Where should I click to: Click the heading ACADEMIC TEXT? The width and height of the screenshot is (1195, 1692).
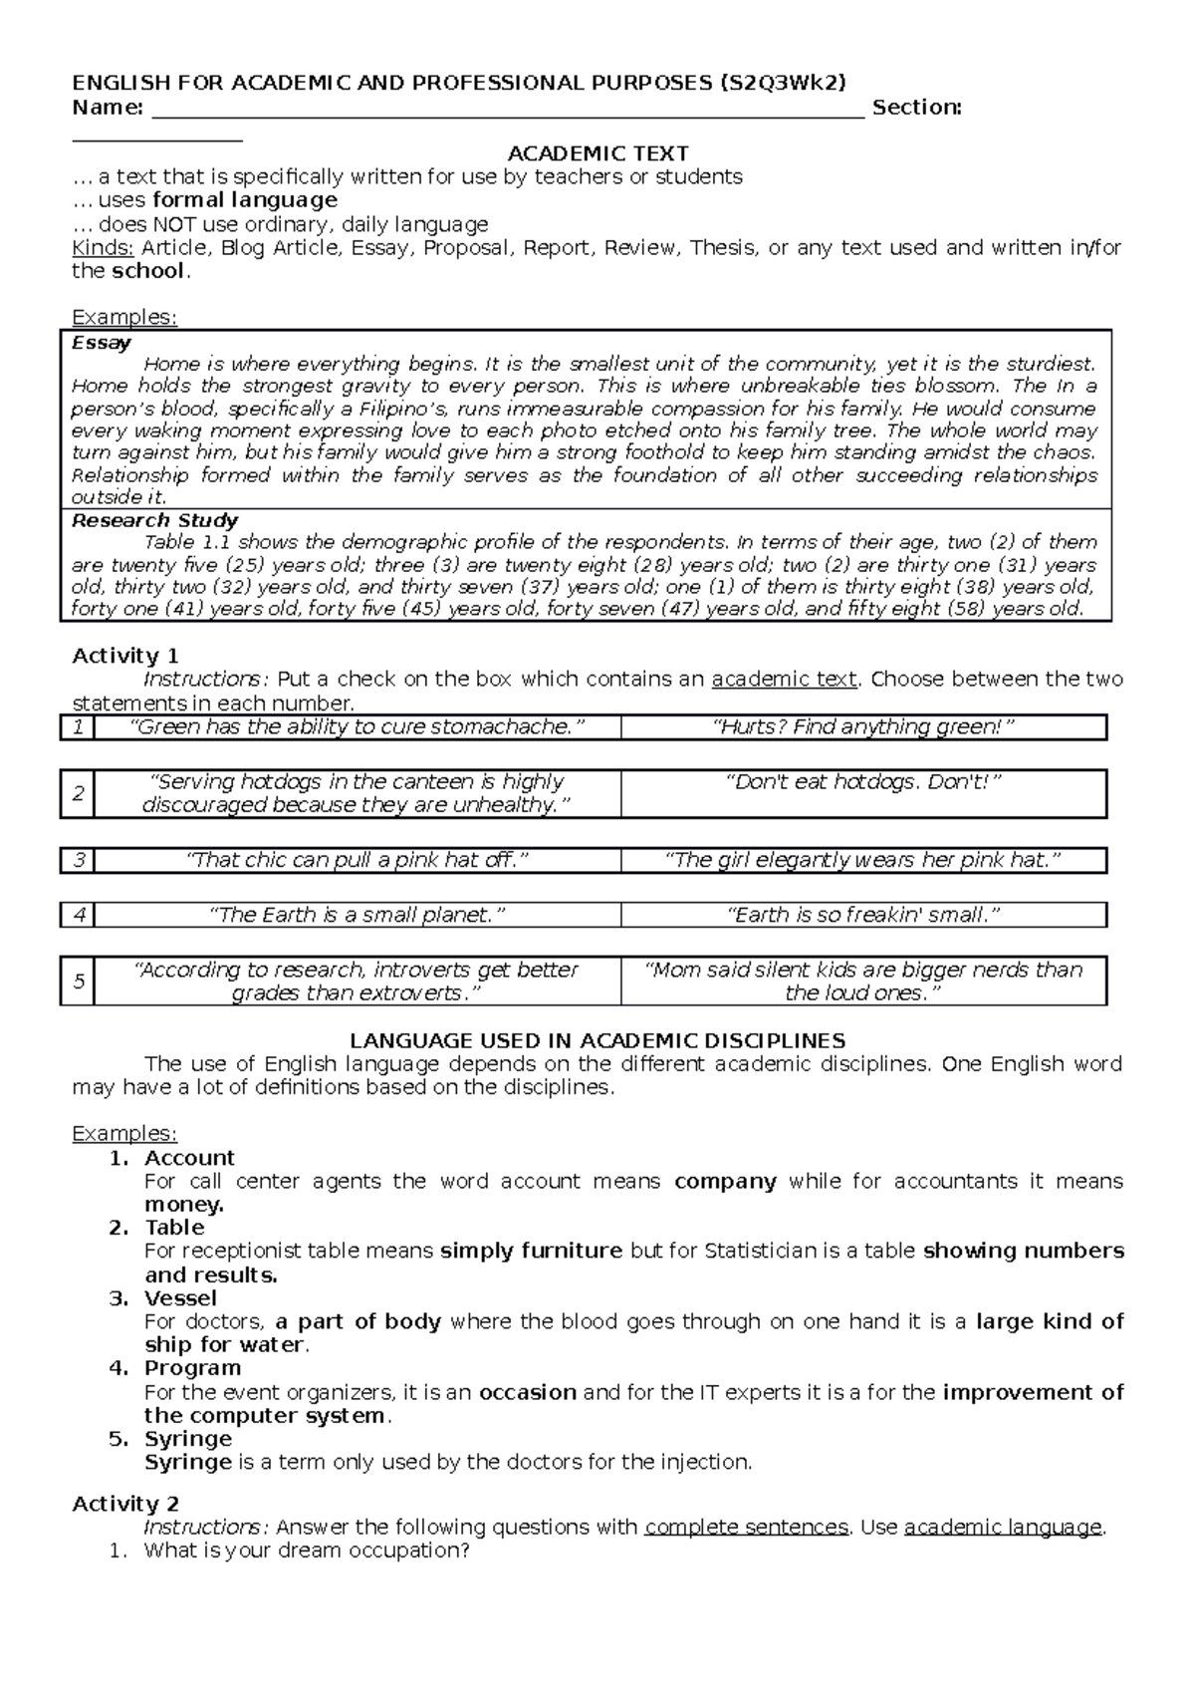click(597, 153)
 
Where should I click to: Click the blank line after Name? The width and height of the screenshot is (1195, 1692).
click(508, 109)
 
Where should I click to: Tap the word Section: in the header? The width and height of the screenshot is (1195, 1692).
click(916, 108)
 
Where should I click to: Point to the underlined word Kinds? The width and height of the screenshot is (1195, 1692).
click(103, 247)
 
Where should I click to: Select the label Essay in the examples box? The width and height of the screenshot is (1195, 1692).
click(102, 343)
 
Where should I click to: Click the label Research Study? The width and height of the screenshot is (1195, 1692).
click(154, 520)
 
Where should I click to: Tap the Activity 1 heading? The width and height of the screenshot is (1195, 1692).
click(125, 656)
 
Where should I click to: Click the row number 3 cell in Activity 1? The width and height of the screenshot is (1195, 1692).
click(79, 860)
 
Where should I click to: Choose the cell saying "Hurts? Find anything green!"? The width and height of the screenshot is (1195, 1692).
click(863, 727)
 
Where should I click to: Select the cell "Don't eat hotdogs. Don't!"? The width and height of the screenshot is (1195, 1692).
click(863, 782)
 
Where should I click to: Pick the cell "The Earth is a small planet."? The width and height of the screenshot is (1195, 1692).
click(357, 915)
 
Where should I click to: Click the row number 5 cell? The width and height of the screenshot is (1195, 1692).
click(79, 982)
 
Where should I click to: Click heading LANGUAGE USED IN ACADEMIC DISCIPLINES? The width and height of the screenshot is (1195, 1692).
click(597, 1041)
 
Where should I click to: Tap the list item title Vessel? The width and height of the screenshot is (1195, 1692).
click(180, 1298)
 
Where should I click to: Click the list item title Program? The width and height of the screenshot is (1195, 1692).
click(192, 1368)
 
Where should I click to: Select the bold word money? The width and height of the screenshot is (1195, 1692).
click(184, 1205)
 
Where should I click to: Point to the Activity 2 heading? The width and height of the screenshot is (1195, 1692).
click(125, 1504)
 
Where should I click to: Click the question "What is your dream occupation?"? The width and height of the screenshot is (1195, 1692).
click(306, 1551)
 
